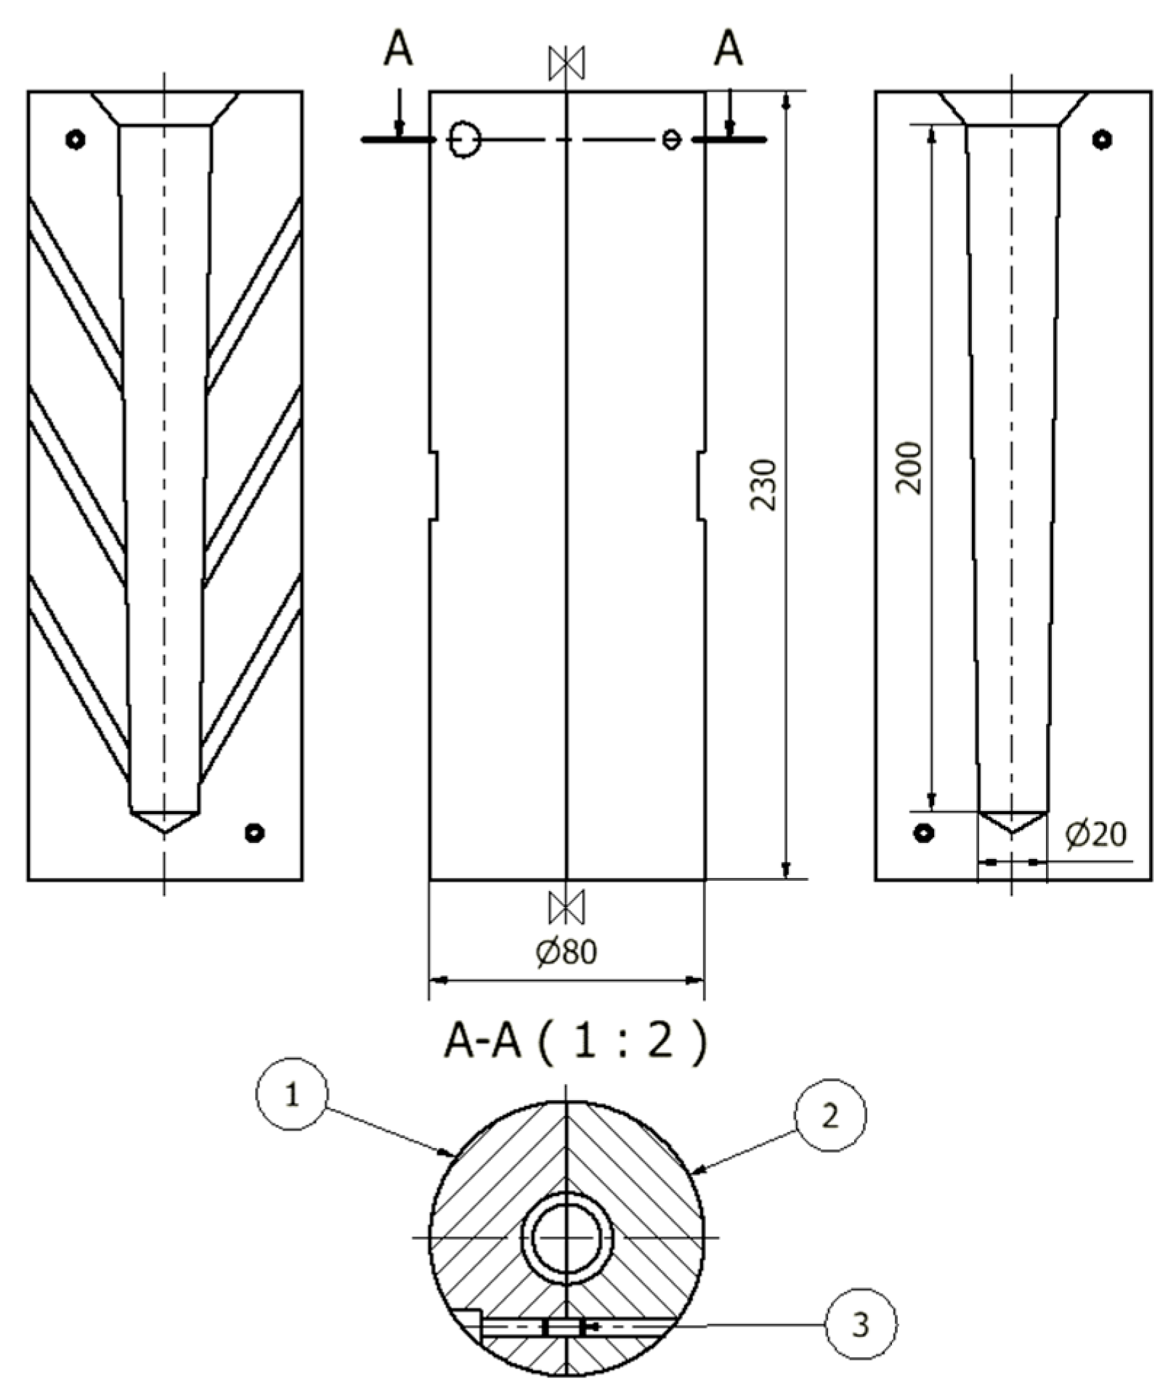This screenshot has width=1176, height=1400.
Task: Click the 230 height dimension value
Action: [763, 484]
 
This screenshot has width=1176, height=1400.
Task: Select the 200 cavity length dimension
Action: [909, 468]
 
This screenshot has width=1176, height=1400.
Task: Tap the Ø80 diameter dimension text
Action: [567, 952]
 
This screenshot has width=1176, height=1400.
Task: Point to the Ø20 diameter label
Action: [1096, 834]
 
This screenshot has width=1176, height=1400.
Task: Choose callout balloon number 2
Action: [830, 1115]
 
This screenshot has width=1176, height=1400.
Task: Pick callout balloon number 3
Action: [861, 1325]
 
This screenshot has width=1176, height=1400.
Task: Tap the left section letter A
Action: [398, 51]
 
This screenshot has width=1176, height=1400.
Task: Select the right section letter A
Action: [729, 51]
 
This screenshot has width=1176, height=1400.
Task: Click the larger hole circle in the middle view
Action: [464, 139]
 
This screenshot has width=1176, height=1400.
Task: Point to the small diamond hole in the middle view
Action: [672, 139]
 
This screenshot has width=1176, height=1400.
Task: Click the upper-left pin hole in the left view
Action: [76, 139]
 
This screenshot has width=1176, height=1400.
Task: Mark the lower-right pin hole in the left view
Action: [254, 833]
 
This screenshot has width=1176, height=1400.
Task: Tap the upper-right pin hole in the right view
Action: [1103, 139]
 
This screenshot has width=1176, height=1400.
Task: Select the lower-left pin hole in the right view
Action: [924, 833]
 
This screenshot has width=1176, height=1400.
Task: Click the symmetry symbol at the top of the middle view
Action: [567, 63]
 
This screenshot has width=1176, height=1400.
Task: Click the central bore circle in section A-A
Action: [567, 1237]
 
